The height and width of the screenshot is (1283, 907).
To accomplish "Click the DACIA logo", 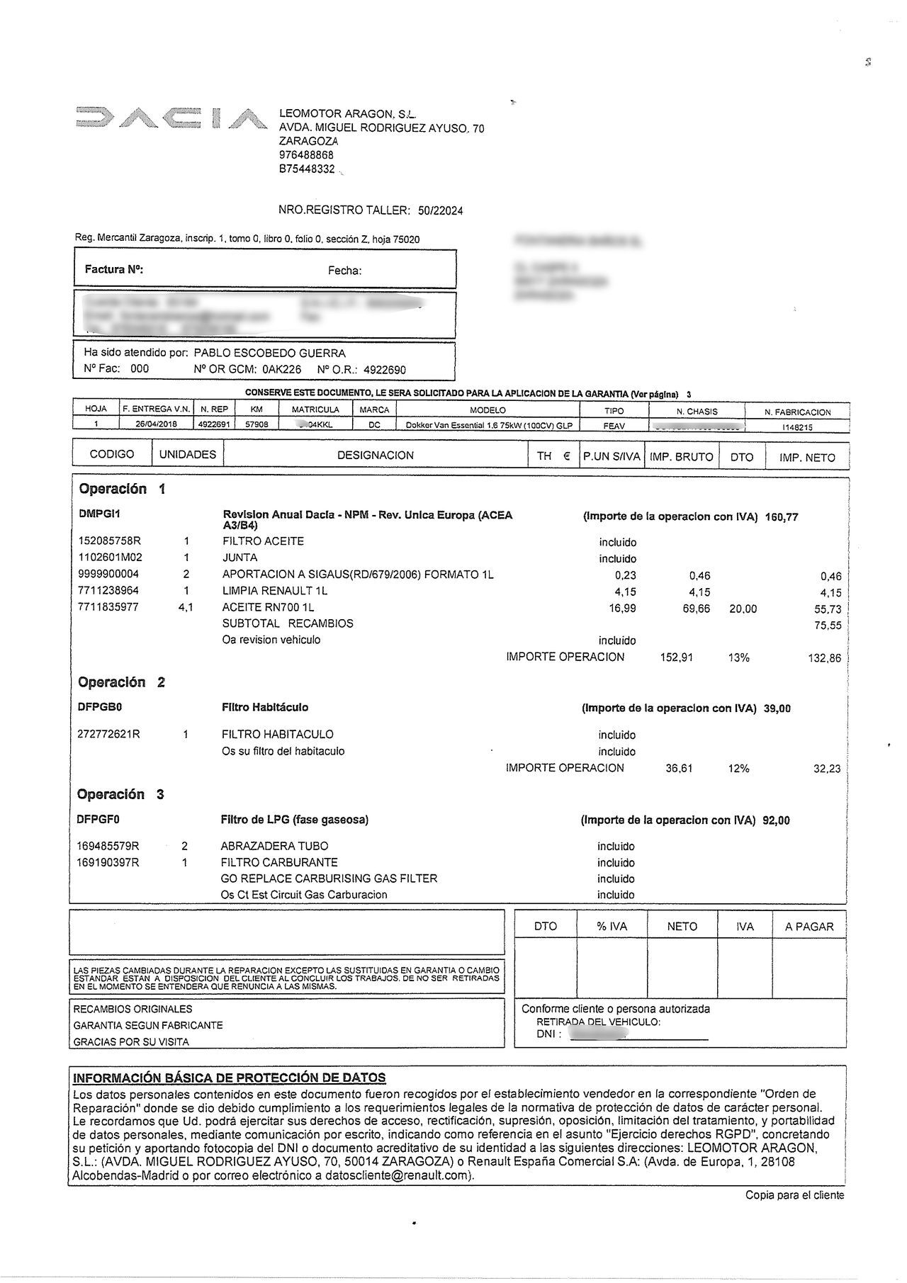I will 171,119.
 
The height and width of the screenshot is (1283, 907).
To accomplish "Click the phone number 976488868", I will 306,155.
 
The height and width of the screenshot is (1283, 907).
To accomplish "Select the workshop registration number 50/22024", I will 440,210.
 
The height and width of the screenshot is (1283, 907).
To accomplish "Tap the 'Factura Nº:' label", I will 114,269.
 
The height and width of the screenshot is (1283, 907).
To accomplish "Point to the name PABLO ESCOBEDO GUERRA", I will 269,353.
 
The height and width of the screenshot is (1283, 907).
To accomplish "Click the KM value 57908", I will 257,425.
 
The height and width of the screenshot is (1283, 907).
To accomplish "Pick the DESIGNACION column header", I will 375,456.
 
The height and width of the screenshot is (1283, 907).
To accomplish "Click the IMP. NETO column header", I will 807,458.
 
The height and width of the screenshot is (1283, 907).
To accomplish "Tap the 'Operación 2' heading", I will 121,682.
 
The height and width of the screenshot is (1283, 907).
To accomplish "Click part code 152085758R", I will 110,541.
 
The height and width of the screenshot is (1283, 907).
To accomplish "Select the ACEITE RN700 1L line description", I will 268,607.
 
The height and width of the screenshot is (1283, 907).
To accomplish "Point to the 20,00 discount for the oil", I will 743,609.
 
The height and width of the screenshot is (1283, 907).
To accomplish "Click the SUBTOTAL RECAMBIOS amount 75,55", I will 828,626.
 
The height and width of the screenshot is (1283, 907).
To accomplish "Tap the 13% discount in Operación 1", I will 738,657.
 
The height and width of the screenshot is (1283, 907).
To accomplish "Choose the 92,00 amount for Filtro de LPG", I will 776,820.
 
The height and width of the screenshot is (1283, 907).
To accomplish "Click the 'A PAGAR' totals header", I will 809,927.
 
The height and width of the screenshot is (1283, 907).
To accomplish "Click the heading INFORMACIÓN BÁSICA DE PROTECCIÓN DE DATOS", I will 230,1078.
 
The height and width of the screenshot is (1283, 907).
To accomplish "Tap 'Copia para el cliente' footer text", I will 794,1195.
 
